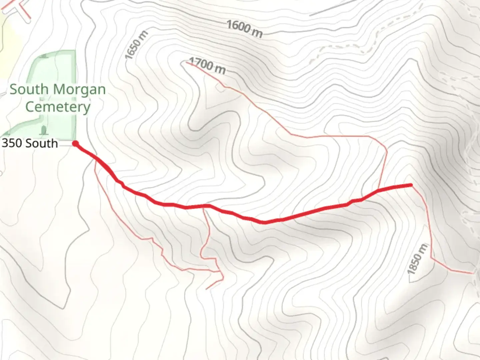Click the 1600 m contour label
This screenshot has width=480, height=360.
point(244,29)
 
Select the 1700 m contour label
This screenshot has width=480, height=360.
point(207,66)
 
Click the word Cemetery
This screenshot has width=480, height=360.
point(58,107)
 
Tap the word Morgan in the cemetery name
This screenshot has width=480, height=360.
point(79,90)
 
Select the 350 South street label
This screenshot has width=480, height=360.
point(30,143)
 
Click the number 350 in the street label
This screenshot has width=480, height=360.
point(12,143)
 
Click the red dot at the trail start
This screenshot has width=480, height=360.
point(76,144)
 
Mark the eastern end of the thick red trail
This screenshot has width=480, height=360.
point(411,185)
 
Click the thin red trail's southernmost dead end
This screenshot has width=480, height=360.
point(207,289)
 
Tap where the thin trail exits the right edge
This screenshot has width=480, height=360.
point(472,273)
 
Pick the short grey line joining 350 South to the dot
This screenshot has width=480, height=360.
point(66,144)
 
